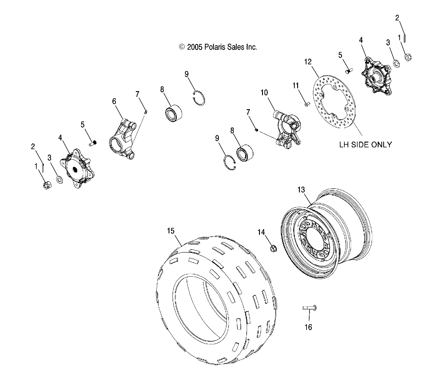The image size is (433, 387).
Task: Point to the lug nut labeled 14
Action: (x=273, y=248)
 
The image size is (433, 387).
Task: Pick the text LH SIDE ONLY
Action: (x=365, y=145)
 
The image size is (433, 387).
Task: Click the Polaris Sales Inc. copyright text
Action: (x=218, y=47)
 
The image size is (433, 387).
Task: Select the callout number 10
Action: (x=264, y=93)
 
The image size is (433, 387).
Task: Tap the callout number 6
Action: (x=114, y=101)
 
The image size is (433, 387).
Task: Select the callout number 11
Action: (x=296, y=86)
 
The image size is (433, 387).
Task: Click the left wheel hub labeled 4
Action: (x=77, y=169)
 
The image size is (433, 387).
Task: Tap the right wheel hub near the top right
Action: (x=377, y=75)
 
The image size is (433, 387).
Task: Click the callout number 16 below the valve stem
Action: (x=308, y=327)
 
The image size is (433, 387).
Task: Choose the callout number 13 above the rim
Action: (x=301, y=190)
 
